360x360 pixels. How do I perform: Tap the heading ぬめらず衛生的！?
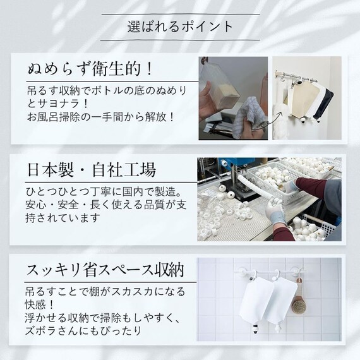point(88,66)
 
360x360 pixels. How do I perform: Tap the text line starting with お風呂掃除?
point(100,117)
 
